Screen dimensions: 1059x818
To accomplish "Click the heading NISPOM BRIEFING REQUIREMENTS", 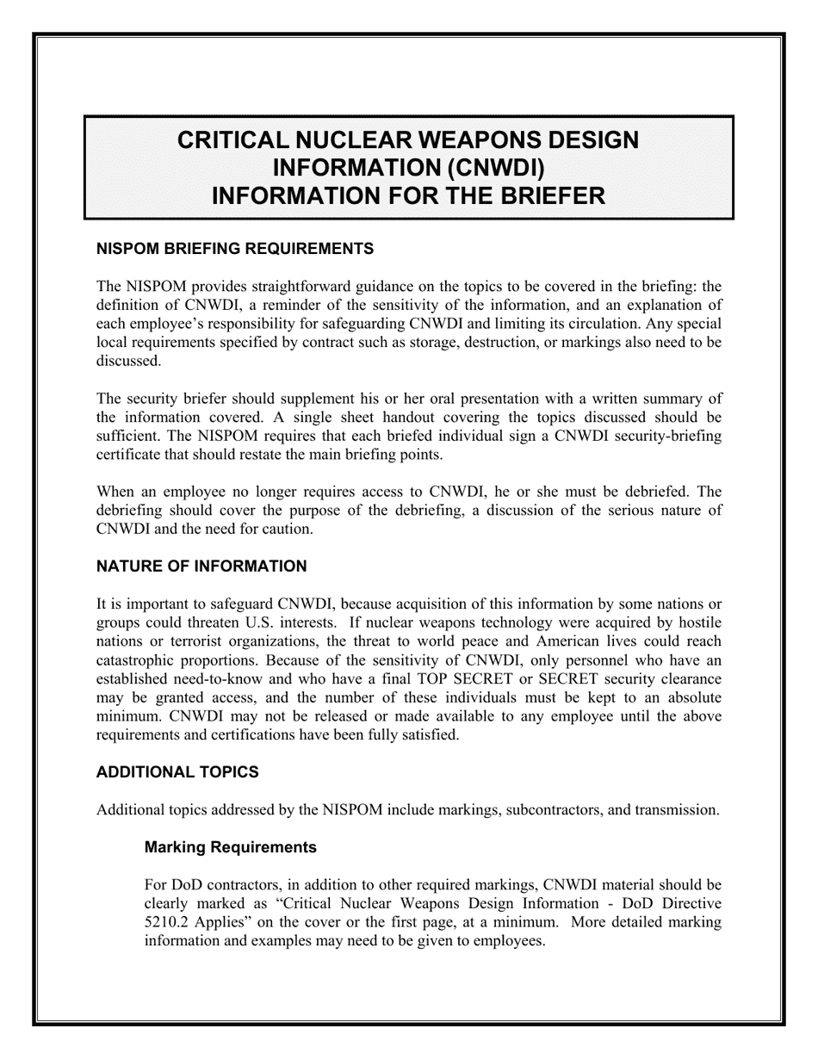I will point(235,249).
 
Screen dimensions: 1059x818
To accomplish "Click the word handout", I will point(413,418).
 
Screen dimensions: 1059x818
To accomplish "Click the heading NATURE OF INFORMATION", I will point(201,567).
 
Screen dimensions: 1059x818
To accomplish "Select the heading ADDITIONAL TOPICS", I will point(177,772).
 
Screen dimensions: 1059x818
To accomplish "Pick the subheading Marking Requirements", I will point(231,847).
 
